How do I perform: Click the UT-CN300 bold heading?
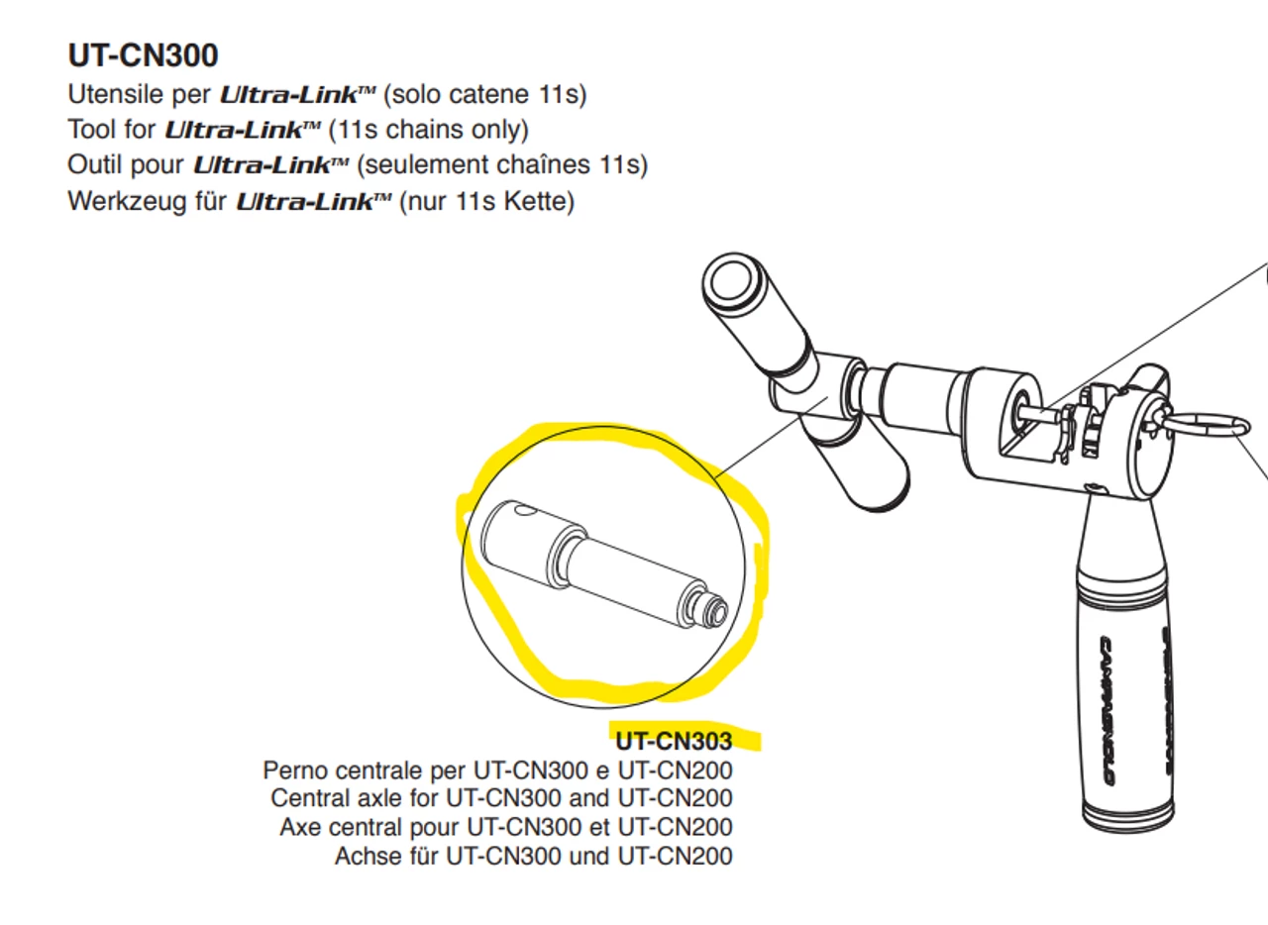(x=144, y=55)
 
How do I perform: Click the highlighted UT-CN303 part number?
(x=674, y=741)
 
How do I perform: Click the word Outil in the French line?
(x=97, y=164)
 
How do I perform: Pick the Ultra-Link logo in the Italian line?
(x=297, y=94)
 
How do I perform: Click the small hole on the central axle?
(x=526, y=512)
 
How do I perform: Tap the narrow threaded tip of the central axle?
(x=715, y=614)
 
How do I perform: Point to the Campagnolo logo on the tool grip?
(x=1107, y=710)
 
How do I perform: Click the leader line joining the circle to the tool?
(x=771, y=438)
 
